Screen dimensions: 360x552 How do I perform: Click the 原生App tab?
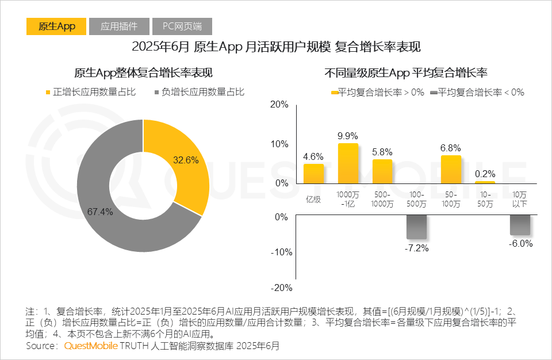[x=56, y=26]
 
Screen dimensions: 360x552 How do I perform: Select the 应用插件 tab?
[x=118, y=26]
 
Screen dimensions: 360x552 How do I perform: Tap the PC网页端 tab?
[x=182, y=26]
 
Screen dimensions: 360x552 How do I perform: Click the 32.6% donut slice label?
[x=186, y=160]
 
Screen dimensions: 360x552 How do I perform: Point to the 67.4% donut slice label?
[x=100, y=212]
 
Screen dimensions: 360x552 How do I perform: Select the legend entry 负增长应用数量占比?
[x=199, y=92]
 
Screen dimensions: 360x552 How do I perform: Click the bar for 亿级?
[x=313, y=174]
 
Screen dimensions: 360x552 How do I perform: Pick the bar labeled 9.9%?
[x=348, y=163]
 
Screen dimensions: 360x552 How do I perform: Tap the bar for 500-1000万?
[x=382, y=171]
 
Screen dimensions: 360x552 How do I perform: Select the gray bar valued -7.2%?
[x=416, y=228]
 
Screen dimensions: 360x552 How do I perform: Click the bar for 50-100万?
[x=451, y=169]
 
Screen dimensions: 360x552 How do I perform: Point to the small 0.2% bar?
[x=485, y=182]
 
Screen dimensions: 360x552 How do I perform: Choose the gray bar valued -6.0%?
[x=519, y=225]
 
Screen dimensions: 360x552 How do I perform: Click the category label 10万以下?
[x=519, y=200]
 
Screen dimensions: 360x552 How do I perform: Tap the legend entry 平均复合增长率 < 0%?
[x=477, y=92]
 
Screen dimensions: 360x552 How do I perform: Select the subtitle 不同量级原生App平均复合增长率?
[x=406, y=73]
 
